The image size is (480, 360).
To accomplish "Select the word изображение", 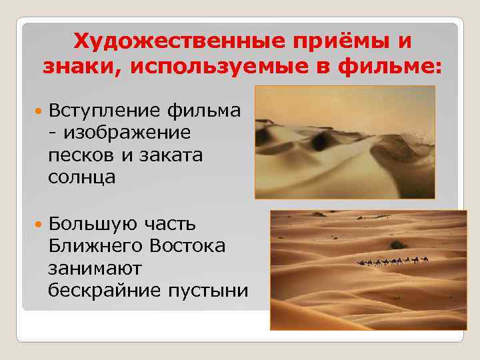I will coord(128,132).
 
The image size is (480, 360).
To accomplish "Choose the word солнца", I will coord(81,177).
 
